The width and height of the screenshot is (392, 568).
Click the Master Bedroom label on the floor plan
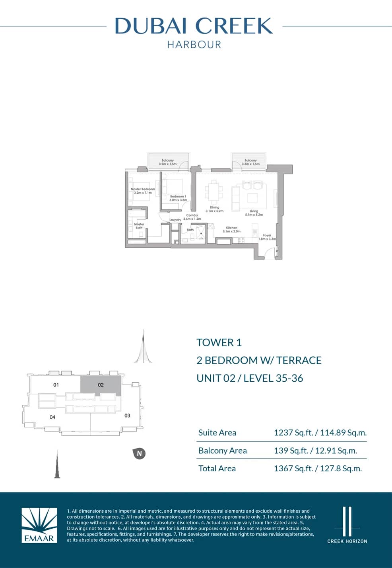click(143, 189)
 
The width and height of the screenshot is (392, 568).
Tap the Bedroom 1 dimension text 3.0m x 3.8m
click(178, 200)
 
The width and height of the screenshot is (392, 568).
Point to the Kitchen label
click(231, 228)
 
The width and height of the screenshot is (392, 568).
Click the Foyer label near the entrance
click(267, 235)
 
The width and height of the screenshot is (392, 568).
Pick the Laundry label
click(175, 220)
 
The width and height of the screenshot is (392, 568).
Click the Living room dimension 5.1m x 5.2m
click(254, 215)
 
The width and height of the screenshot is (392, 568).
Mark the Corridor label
click(192, 215)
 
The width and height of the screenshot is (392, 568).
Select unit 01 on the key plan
click(56, 385)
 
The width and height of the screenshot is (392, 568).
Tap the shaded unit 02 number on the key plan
click(101, 385)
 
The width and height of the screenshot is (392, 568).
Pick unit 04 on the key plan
click(52, 417)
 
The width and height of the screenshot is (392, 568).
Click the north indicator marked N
click(139, 453)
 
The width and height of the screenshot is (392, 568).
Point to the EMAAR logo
click(39, 525)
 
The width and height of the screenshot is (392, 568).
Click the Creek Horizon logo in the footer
click(347, 525)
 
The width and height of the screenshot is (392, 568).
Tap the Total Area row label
click(217, 468)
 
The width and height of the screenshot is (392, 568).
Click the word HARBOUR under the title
click(194, 45)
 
